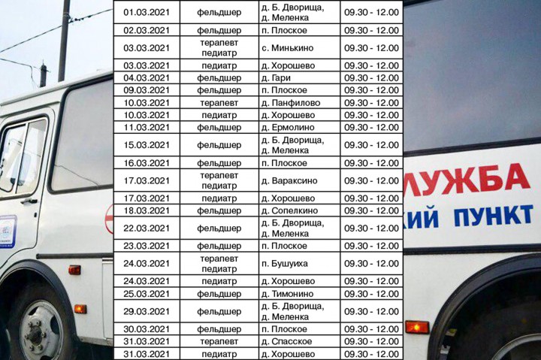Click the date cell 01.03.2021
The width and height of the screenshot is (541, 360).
(147, 13)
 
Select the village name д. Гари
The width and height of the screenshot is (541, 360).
(277, 77)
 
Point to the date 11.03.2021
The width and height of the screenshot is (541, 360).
(147, 127)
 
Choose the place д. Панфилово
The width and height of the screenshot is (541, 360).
(290, 102)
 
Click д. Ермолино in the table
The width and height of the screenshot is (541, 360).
(289, 127)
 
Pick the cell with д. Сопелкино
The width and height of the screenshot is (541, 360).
(291, 210)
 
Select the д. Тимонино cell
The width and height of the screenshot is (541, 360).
(289, 293)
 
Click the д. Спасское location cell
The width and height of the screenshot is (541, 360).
(287, 341)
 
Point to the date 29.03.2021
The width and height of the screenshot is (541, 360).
(147, 311)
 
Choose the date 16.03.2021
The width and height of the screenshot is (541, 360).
(147, 163)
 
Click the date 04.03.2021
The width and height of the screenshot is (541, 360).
(147, 77)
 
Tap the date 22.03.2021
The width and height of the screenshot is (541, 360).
(147, 228)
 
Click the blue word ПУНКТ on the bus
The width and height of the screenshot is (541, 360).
(493, 216)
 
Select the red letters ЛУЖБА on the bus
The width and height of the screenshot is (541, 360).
(467, 180)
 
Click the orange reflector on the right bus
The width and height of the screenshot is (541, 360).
(417, 327)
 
